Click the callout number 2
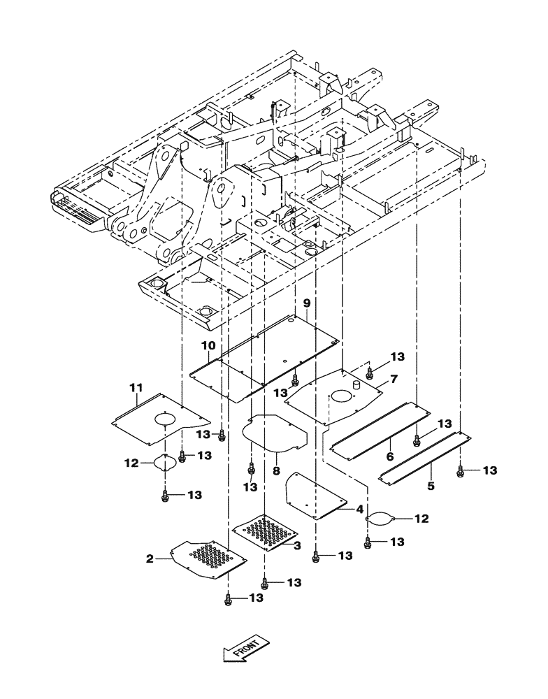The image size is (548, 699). click(x=149, y=559)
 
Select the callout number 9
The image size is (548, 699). click(x=305, y=303)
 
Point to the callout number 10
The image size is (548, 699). click(x=208, y=346)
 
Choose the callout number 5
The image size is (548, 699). click(x=431, y=484)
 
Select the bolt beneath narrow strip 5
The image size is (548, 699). click(x=461, y=472)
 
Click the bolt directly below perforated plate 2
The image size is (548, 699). click(x=228, y=598)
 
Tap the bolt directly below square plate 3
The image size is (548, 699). click(x=264, y=582)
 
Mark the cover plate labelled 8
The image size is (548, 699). click(x=274, y=435)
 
